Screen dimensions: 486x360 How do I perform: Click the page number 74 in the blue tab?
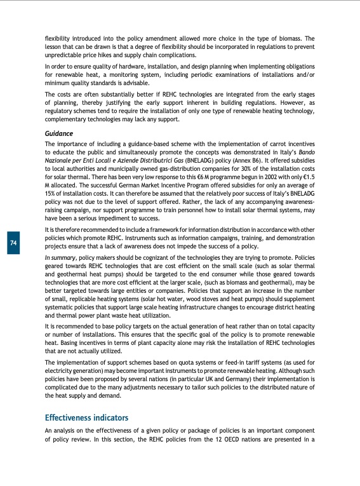13,242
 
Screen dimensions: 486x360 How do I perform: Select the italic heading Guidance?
59,133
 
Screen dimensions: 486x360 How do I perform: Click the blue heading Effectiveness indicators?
86,417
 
